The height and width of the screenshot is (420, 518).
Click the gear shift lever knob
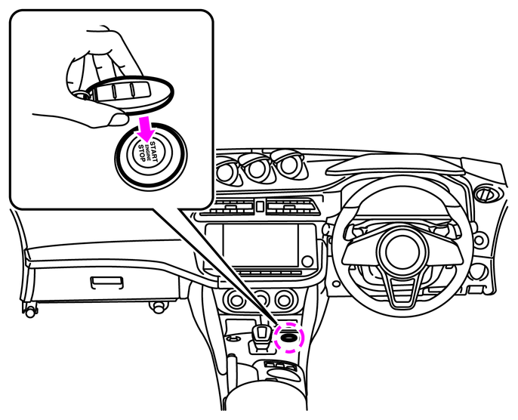pyautogui.click(x=262, y=332)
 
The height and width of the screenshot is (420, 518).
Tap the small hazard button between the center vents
pyautogui.click(x=258, y=206)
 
